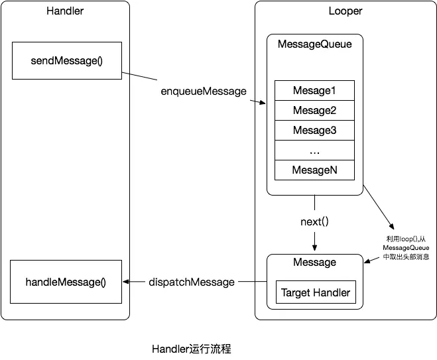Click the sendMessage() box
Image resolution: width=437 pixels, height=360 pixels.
tap(66, 61)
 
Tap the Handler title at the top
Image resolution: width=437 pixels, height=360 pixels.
tap(64, 11)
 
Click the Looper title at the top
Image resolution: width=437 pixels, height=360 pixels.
tap(345, 11)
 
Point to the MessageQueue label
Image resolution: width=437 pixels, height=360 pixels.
tap(314, 44)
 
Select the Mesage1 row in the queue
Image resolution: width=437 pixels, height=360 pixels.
tap(314, 90)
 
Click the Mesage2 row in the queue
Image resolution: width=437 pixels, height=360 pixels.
tap(314, 110)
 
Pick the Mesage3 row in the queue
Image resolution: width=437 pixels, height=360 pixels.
tap(314, 130)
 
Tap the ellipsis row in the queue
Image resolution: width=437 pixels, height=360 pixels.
tap(314, 150)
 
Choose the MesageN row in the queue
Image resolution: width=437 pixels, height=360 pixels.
tap(314, 170)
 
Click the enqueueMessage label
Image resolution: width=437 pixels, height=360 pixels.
tap(204, 90)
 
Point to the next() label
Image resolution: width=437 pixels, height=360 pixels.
tap(315, 221)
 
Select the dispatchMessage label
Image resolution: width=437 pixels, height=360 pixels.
tap(192, 282)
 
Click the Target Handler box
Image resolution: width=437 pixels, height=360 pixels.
tap(315, 292)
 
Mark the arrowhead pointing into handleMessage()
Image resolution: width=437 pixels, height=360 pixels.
tap(127, 282)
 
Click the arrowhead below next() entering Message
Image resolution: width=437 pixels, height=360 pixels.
tap(315, 249)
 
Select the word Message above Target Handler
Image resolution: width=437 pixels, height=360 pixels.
tap(314, 263)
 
